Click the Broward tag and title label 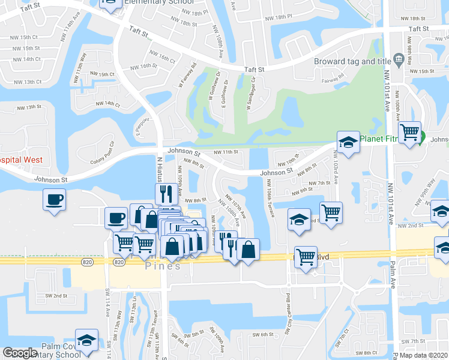[x=352, y=61]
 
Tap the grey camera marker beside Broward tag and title [x=397, y=59]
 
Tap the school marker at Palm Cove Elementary [x=87, y=340]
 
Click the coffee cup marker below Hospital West [x=54, y=199]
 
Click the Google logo [x=20, y=353]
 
